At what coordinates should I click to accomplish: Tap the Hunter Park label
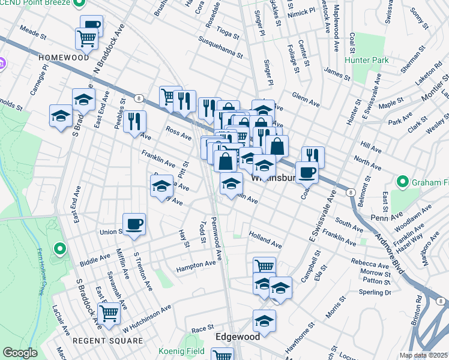[367, 60]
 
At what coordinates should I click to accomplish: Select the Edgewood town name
[238, 337]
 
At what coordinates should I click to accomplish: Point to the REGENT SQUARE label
[98, 341]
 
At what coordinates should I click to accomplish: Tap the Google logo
[20, 353]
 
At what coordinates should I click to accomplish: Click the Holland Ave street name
[265, 241]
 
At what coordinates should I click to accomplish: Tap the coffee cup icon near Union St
[134, 224]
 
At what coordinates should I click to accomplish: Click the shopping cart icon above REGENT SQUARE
[109, 313]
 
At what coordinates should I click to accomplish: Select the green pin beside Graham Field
[402, 181]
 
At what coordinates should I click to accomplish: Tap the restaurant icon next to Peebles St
[134, 122]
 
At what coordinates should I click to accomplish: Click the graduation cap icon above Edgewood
[264, 320]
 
